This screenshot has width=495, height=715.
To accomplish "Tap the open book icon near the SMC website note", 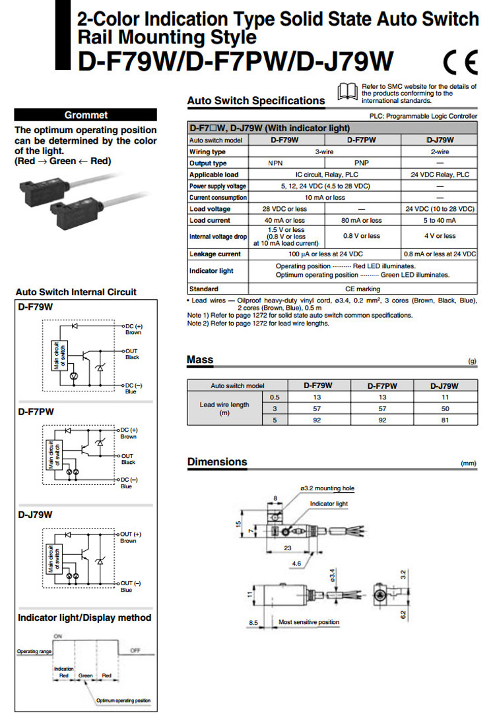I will (x=348, y=92).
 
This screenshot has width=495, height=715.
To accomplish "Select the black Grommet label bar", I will (x=86, y=115).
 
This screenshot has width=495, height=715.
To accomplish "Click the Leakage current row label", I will (x=215, y=254).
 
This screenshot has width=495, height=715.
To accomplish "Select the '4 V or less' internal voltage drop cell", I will (x=440, y=235).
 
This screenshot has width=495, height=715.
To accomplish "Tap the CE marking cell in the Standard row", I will (x=362, y=289).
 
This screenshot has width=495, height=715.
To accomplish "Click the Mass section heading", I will (x=200, y=360).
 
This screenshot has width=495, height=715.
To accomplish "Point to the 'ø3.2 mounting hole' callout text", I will (x=327, y=488).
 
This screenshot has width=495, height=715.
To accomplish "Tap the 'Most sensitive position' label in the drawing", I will (x=309, y=622).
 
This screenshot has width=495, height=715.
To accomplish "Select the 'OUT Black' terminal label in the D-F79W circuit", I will (x=132, y=354).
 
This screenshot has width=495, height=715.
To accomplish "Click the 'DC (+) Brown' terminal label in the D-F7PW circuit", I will (x=129, y=433).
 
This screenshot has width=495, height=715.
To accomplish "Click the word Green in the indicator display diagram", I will (x=86, y=675).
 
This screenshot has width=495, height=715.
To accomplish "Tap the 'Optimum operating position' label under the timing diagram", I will (x=123, y=701).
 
